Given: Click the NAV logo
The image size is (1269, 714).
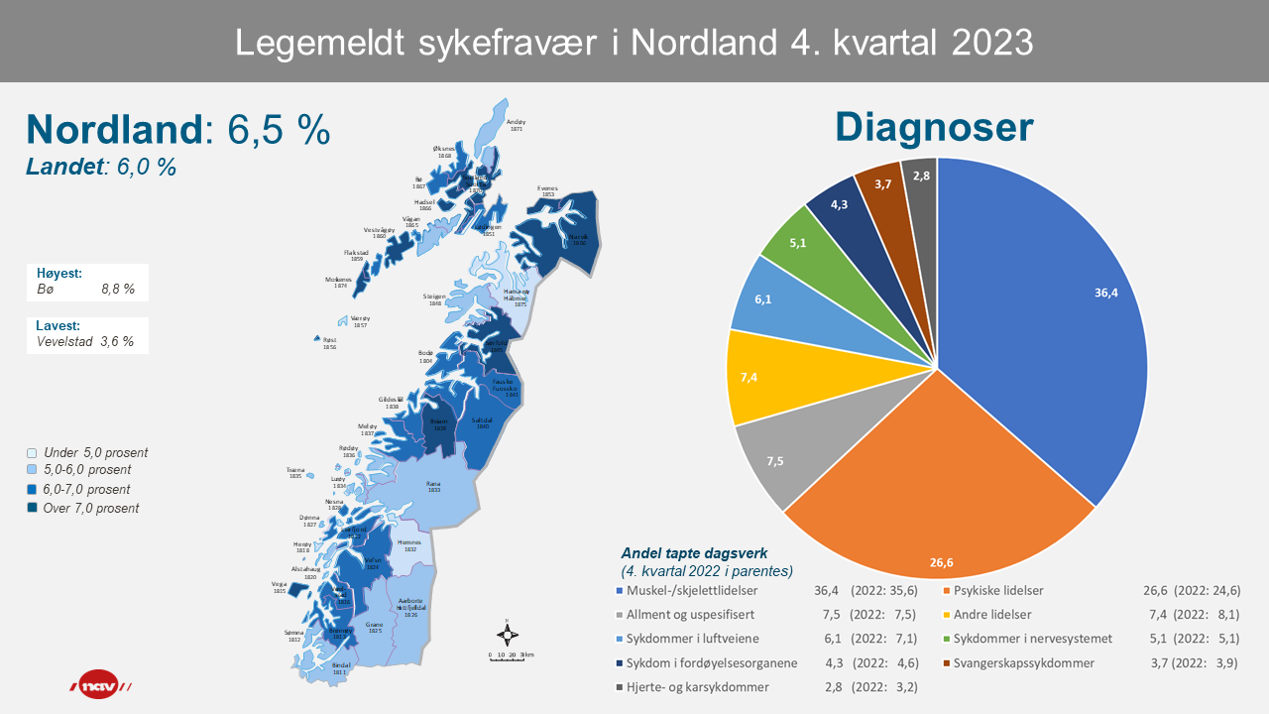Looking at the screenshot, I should pos(99,685).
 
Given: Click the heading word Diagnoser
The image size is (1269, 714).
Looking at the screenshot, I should pos(934,128).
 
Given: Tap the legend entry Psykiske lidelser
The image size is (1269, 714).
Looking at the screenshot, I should pos(997,591).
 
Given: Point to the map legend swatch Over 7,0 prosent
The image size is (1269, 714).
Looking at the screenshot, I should pos(33,509).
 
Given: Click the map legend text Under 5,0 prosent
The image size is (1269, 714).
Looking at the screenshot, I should pos(96,452).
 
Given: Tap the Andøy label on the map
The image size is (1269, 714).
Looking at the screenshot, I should pos(516,124).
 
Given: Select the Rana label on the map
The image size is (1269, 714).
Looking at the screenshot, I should pos(433,485).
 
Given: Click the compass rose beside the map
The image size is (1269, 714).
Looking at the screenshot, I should pos(507,636).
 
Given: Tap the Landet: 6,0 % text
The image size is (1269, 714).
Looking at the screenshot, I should pos(101,168).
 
